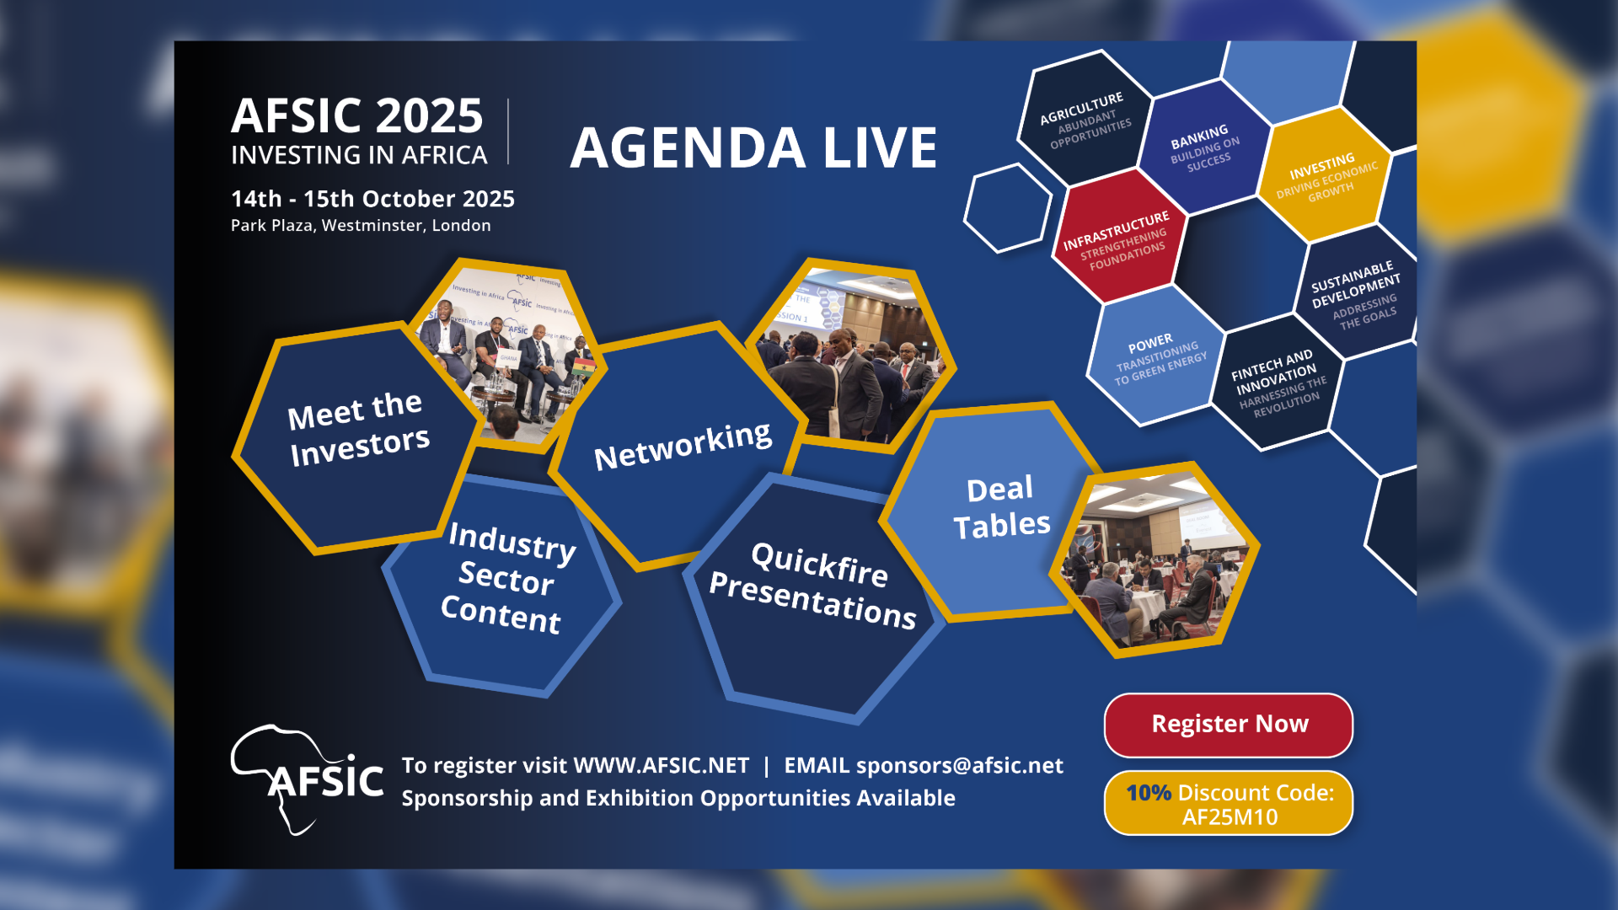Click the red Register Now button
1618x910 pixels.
(1229, 725)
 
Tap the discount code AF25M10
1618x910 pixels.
(1230, 817)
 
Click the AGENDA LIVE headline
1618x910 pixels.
(753, 148)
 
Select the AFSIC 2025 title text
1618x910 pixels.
(357, 115)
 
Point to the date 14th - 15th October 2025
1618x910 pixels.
(372, 199)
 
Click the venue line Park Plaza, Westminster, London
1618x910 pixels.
(361, 226)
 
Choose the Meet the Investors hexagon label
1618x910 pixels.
(358, 429)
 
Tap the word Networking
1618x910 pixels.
(683, 446)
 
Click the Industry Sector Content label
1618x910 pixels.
(507, 578)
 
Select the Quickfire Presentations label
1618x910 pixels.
(813, 586)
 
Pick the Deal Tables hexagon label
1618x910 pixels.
(1001, 507)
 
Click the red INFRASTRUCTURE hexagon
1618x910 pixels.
(1119, 235)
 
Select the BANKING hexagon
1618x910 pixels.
(1205, 147)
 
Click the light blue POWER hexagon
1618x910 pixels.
(1156, 355)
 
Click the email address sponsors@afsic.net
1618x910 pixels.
(960, 765)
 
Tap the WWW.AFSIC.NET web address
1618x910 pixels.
(661, 765)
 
